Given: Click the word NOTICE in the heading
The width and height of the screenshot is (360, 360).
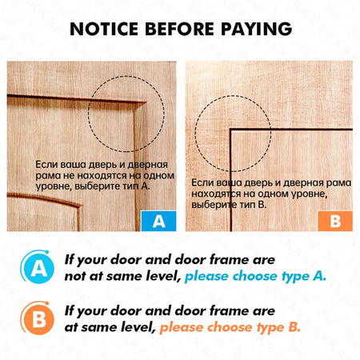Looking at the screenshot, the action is [x=104, y=29].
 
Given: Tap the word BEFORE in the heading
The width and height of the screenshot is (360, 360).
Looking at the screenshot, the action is [x=179, y=29].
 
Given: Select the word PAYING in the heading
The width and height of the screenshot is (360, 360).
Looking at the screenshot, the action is [x=257, y=29].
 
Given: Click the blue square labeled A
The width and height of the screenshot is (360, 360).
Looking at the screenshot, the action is [x=158, y=221].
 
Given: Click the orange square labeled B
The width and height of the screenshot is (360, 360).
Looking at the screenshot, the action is [x=335, y=221].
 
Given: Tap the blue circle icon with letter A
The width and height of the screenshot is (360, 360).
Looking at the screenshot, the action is [x=38, y=267].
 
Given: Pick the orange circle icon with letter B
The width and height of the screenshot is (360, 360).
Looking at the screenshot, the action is [x=38, y=318].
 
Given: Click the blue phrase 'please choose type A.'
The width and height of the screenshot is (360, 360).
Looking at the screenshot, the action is [x=255, y=276].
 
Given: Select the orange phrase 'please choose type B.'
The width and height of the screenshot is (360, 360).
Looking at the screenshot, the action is [x=230, y=327].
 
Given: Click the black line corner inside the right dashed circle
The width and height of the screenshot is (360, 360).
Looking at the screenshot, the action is [x=230, y=130].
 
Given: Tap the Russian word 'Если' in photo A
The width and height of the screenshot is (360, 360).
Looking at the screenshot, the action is [x=46, y=164].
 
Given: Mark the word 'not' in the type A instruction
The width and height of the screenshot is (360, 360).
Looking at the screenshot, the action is [x=74, y=276].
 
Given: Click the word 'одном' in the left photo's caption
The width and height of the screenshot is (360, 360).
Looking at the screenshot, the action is [x=158, y=175].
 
